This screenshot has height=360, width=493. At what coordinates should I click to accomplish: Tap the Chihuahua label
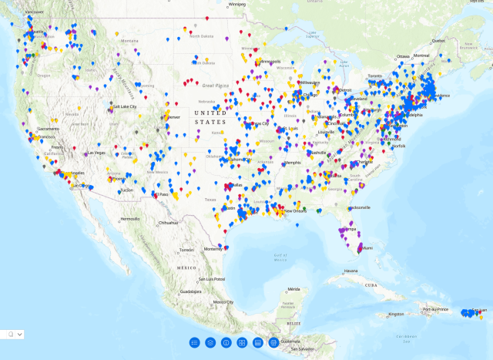169,223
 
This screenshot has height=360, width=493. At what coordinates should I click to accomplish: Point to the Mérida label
293,288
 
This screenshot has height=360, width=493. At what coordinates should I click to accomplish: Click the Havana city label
351,271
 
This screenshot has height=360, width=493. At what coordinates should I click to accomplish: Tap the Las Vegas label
96,152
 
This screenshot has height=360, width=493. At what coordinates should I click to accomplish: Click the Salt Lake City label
124,106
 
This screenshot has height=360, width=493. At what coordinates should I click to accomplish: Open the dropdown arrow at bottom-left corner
19,334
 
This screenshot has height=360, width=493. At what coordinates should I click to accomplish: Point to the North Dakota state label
202,36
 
